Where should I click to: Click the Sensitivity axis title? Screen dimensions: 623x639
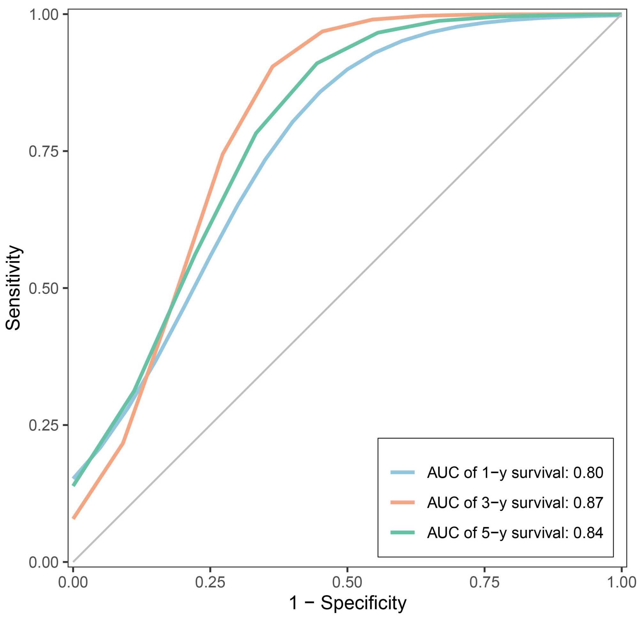(x=14, y=288)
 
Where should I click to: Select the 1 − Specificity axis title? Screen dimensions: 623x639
(x=347, y=603)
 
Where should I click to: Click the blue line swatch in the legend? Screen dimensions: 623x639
(x=403, y=472)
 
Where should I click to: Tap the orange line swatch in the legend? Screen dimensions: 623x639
(x=403, y=502)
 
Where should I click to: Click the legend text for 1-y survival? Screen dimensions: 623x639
(x=514, y=473)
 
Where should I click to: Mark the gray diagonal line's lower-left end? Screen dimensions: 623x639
(x=74, y=562)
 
